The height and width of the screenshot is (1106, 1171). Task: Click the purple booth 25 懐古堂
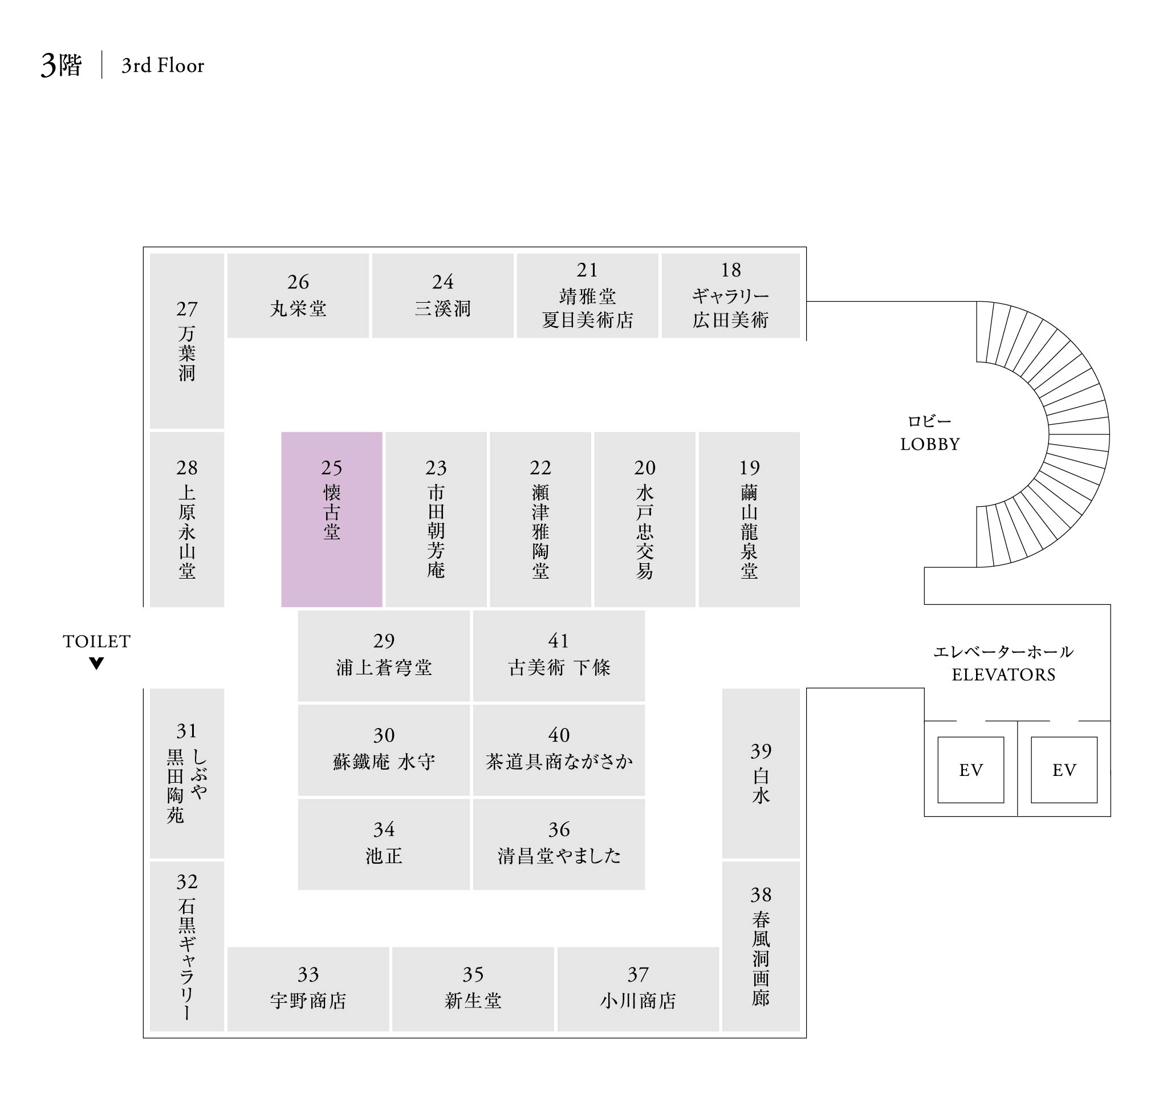coord(331,519)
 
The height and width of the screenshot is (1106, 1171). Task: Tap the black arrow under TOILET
coord(97,663)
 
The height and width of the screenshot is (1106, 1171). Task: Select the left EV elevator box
coord(970,770)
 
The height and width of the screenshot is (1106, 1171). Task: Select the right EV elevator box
coord(1064,770)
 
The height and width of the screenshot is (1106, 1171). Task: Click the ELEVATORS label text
coord(1003,674)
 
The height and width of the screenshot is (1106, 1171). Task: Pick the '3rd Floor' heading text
coord(162,66)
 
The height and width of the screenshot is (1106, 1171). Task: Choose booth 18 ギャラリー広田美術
coord(730,295)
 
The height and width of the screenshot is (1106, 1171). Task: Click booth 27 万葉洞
coord(187,341)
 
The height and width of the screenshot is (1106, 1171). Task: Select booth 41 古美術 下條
coord(558,656)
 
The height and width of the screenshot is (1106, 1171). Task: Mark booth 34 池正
coord(384,844)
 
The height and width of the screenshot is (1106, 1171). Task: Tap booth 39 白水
coord(761,773)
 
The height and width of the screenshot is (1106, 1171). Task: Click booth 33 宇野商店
coord(308,989)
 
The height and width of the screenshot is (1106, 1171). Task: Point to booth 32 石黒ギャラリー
coord(187,946)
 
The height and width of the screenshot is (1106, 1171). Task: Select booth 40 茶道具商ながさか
coord(558,750)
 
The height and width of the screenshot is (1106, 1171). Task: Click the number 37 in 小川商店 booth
coord(638,974)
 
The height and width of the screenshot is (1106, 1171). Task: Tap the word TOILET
coord(97,641)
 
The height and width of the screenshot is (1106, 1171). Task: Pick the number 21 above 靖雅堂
coord(587,270)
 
